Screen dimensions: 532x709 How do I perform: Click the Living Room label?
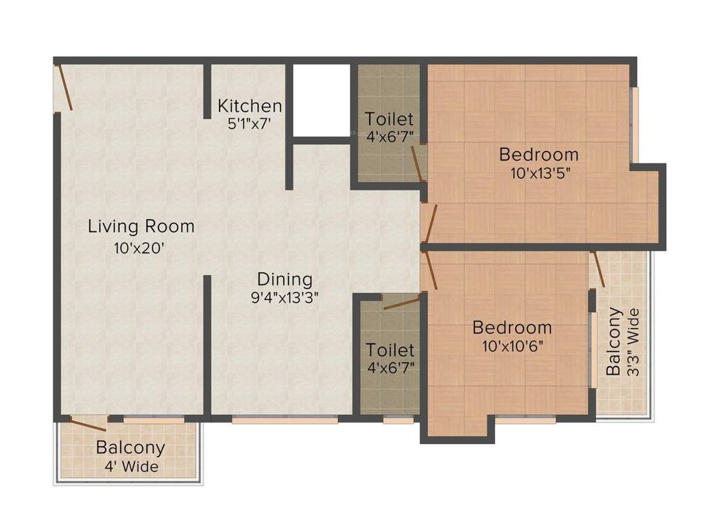[141, 227]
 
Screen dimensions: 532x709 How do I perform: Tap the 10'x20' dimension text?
[139, 249]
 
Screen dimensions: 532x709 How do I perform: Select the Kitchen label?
[249, 106]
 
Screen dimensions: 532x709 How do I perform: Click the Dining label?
[285, 279]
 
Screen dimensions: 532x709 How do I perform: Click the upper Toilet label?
[389, 118]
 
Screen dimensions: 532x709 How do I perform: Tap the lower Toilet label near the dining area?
[390, 350]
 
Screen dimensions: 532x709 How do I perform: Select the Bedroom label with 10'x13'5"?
[539, 154]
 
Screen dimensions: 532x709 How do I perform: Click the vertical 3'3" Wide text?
[632, 342]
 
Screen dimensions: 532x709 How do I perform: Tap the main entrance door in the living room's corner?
[64, 87]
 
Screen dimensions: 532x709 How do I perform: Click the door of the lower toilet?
[401, 302]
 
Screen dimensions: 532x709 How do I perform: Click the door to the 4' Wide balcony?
[87, 425]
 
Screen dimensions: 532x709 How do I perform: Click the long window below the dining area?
[285, 419]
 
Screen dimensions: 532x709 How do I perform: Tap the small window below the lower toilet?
[398, 419]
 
